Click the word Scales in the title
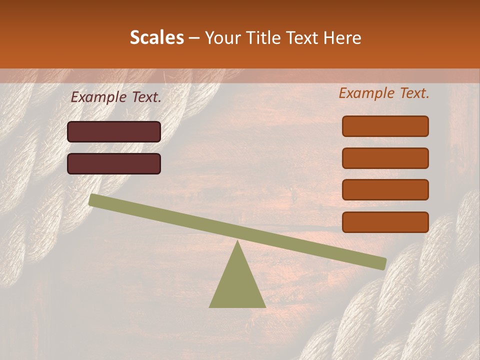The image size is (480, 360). click(x=156, y=37)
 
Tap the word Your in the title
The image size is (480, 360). click(x=222, y=38)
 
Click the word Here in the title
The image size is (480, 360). click(x=343, y=37)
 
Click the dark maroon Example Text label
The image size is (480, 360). click(x=116, y=97)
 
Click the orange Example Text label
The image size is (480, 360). click(x=384, y=93)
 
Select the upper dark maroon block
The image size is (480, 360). click(x=114, y=131)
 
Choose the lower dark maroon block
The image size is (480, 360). click(x=114, y=163)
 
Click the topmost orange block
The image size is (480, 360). click(x=385, y=126)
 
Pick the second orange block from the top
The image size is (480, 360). click(x=385, y=158)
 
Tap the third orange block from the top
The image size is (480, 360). click(x=385, y=190)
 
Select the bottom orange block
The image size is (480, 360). click(x=385, y=222)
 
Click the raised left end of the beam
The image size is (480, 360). click(x=92, y=200)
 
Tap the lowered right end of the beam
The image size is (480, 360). click(x=382, y=263)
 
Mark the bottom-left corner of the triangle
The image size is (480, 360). click(x=209, y=307)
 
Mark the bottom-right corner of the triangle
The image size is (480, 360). click(x=265, y=307)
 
